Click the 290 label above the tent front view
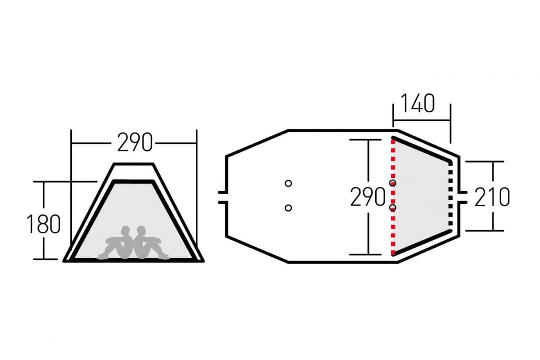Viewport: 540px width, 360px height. point(135,142)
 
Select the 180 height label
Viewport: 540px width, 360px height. point(43,224)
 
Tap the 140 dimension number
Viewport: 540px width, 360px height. point(418,103)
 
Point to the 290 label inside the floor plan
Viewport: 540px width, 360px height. point(368,197)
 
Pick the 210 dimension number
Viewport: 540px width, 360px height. point(492,197)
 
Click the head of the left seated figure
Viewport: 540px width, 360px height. point(126,230)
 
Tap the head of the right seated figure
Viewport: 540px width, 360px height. point(141,230)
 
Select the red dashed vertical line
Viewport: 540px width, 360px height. point(393,196)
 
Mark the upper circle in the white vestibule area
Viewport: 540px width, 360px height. point(288,183)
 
